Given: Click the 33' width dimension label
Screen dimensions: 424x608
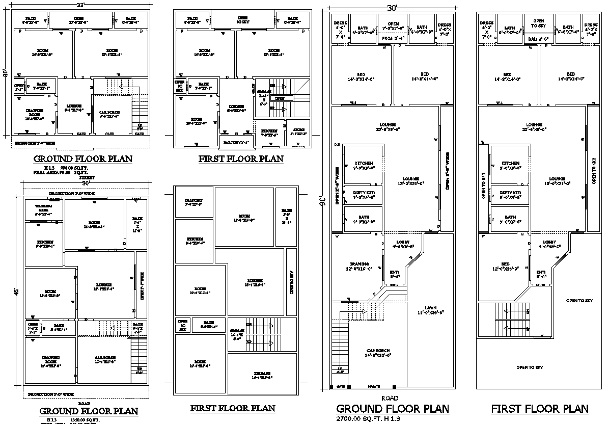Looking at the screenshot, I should [80, 5].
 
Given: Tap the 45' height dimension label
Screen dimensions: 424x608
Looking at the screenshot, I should [17, 291].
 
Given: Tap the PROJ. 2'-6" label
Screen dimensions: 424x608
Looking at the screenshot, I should [393, 38].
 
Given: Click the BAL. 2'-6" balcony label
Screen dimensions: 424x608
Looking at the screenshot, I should [537, 39].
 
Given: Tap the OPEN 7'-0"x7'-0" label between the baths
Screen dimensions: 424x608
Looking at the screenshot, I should [393, 26].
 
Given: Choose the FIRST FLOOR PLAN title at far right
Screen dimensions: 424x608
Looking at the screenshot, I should [539, 409].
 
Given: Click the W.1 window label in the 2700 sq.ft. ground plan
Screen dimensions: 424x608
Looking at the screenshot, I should [352, 103].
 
